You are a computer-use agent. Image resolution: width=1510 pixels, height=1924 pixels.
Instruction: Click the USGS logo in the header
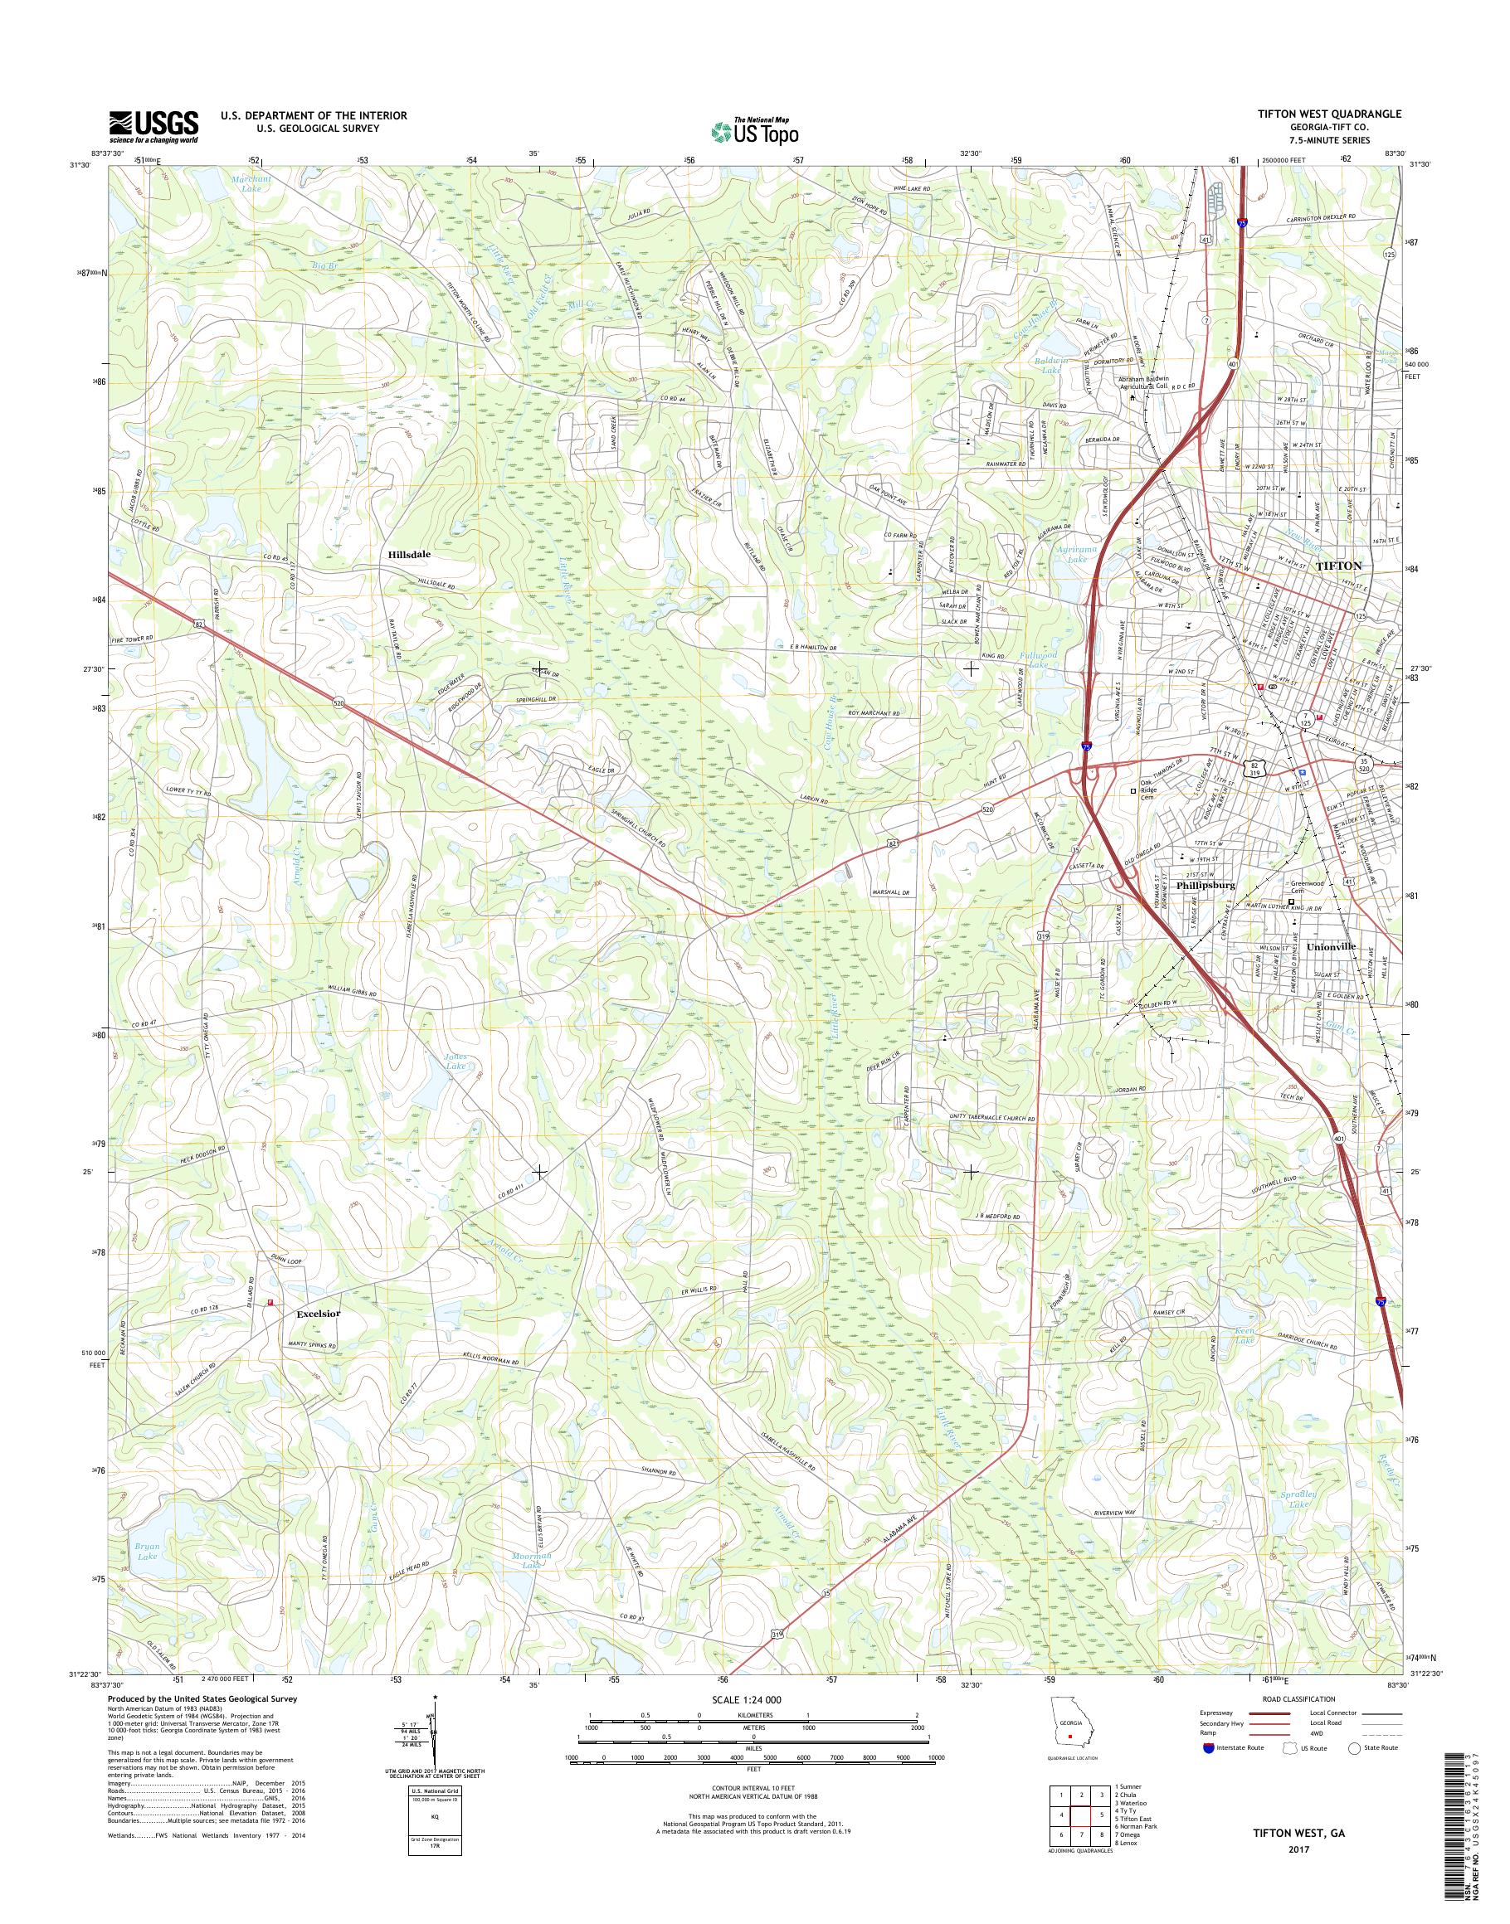(153, 127)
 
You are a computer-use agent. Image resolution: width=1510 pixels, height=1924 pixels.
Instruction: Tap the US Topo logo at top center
(754, 131)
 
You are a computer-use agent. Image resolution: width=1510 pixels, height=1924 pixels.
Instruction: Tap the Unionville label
(1287, 946)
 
